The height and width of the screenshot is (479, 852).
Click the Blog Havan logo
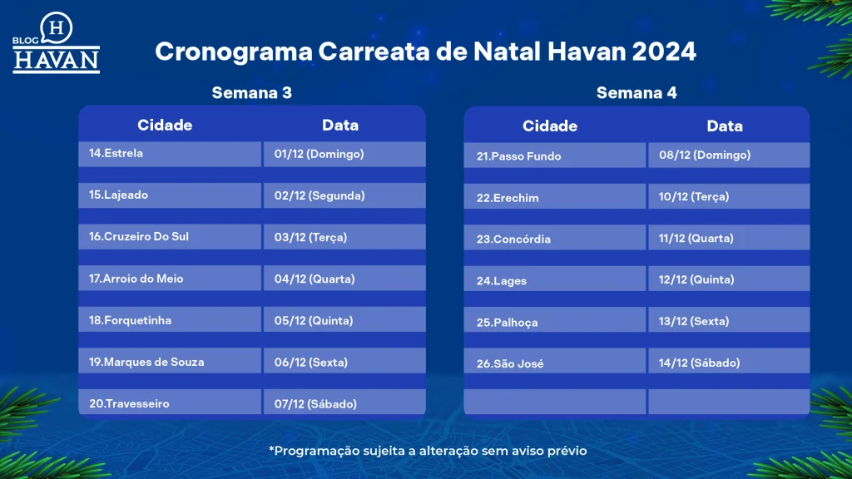tap(56, 43)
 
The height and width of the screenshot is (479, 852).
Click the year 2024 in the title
tap(664, 52)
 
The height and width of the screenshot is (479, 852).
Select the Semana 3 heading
tap(251, 93)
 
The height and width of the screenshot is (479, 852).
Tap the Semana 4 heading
tap(637, 93)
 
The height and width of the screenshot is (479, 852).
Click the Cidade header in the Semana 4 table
tap(550, 126)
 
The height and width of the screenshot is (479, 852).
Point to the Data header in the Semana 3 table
tap(340, 125)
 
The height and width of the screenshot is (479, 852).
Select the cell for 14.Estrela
tap(170, 154)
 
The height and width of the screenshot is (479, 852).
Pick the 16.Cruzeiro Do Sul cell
tap(170, 237)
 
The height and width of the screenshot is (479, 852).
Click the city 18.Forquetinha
tap(130, 320)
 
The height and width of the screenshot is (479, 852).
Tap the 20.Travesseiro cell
tap(170, 402)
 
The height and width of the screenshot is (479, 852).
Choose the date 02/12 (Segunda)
tap(319, 195)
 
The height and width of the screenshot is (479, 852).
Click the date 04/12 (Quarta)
tap(315, 279)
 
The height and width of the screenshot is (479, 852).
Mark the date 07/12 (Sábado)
tap(315, 404)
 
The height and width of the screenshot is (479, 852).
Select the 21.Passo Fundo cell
tap(555, 156)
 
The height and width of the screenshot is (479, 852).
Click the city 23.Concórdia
tap(513, 239)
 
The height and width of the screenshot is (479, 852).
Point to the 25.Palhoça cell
tap(555, 320)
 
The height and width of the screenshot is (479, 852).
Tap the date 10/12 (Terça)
tap(694, 196)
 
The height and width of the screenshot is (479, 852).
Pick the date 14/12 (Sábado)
tap(699, 363)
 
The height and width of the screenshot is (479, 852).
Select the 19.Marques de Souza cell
tap(170, 361)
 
